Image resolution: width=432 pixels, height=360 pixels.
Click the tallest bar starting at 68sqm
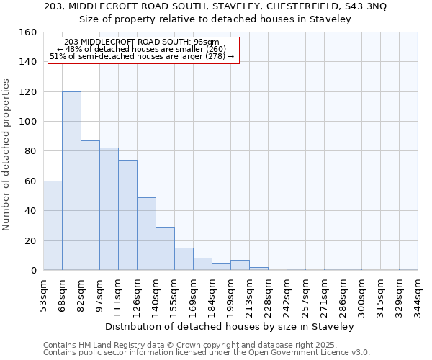point(71,181)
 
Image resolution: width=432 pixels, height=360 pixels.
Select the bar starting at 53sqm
point(53,225)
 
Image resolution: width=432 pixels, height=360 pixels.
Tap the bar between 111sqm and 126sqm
point(127,215)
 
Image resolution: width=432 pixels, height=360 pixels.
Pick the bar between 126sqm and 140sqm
point(146,233)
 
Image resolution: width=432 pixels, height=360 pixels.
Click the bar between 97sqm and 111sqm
point(109,209)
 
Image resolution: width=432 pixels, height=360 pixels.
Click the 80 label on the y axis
point(31,151)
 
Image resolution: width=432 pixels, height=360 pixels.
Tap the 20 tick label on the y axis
point(31,240)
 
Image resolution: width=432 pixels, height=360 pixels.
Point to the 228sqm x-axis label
point(269,297)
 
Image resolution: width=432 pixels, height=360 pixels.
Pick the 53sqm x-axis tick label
point(44,297)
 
